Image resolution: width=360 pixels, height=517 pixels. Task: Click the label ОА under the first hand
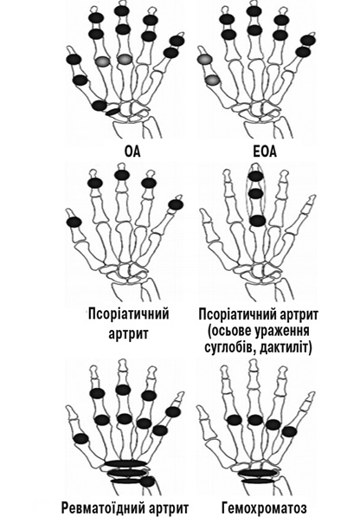tap(132, 152)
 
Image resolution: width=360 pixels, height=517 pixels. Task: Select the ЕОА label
tap(265, 152)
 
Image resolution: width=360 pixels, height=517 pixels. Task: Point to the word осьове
tap(229, 331)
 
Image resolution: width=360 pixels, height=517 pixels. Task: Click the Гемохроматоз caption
tap(265, 508)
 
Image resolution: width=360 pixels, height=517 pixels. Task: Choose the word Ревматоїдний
tap(103, 508)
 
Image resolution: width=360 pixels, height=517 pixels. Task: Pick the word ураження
tap(282, 331)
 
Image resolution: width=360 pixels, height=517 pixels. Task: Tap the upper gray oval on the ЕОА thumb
tap(204, 60)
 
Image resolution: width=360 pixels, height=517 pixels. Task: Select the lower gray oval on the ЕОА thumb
tap(212, 80)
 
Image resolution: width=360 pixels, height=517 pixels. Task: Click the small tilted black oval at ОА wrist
tap(112, 112)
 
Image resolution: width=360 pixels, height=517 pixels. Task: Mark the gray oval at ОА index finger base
tap(103, 61)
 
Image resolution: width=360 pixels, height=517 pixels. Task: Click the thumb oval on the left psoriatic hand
tap(74, 222)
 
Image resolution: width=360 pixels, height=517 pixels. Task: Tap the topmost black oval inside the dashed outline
tap(255, 176)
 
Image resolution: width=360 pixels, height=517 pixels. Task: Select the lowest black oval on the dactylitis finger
tap(257, 220)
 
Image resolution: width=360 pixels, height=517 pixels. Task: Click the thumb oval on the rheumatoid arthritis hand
tap(81, 439)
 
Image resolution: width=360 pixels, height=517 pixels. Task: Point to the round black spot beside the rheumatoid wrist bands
tap(148, 481)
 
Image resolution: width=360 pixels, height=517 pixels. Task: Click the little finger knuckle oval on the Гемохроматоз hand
tap(290, 431)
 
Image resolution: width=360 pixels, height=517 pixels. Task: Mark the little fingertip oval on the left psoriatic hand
tap(176, 204)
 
